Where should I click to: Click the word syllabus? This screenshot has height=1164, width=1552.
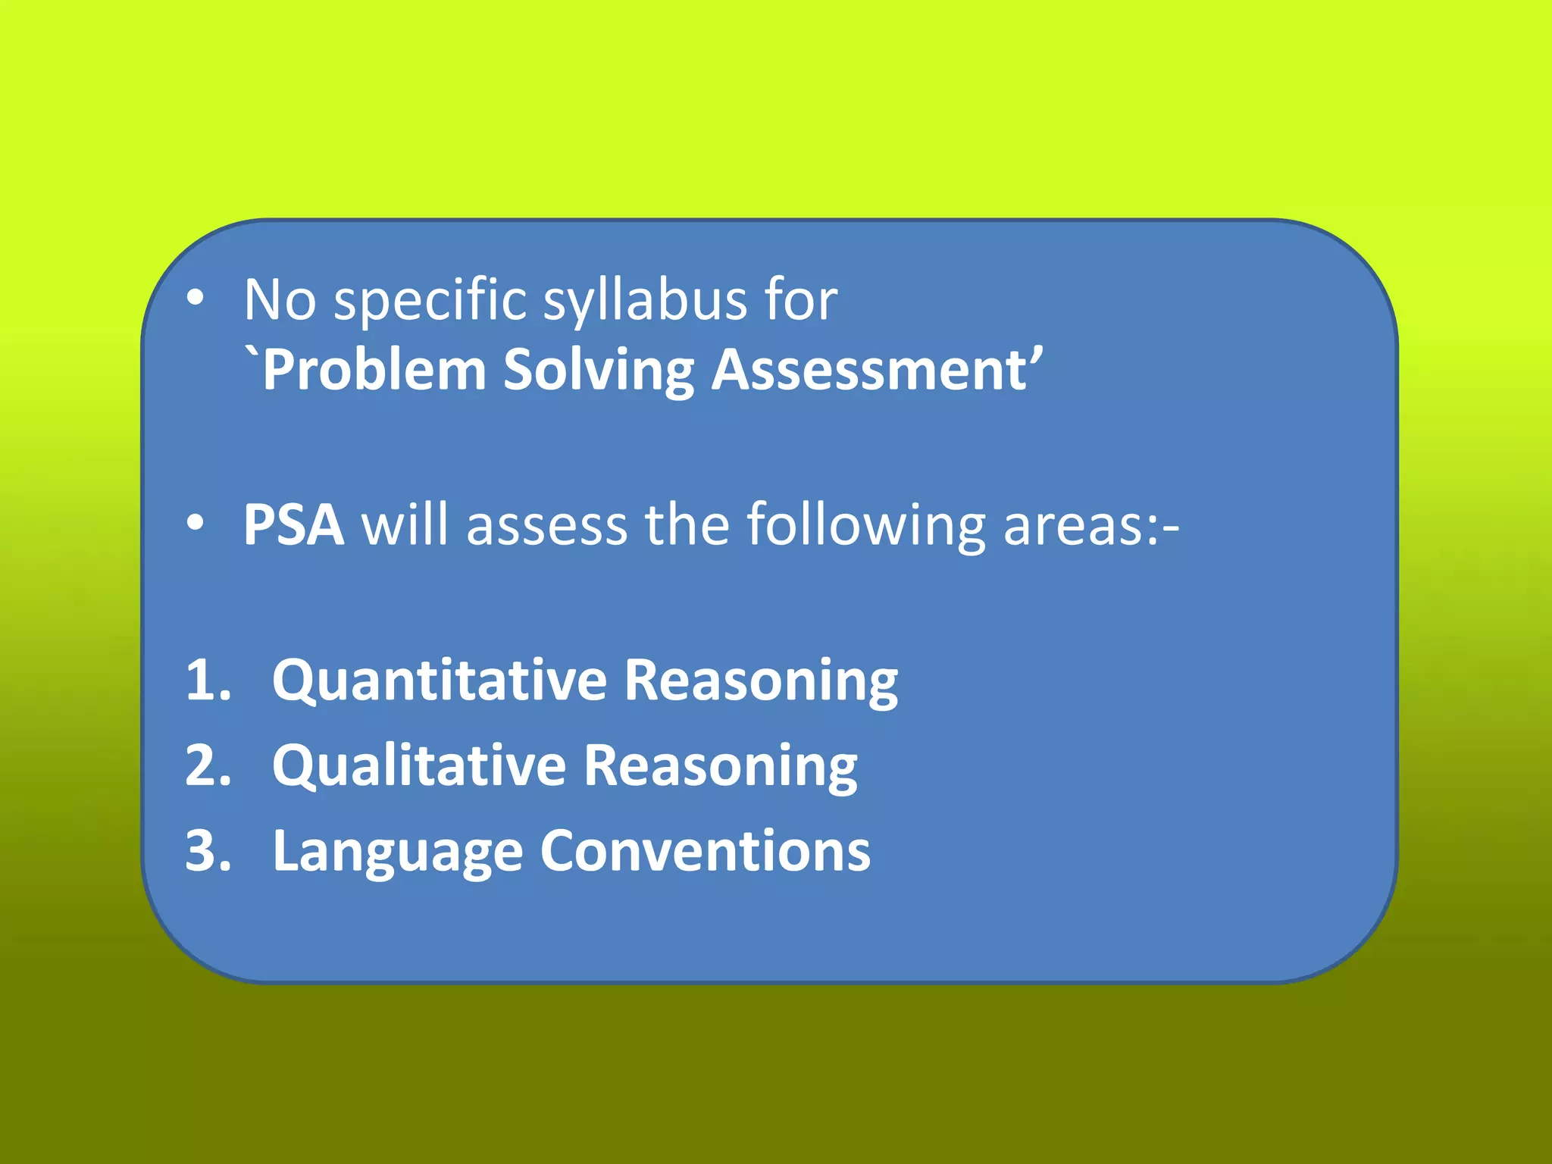pyautogui.click(x=646, y=301)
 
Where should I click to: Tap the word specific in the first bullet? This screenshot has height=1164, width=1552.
pyautogui.click(x=430, y=301)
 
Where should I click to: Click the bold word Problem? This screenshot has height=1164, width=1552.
pyautogui.click(x=373, y=371)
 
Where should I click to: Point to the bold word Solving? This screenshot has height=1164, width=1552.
pyautogui.click(x=599, y=371)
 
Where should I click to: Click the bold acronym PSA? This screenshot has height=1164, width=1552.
pyautogui.click(x=293, y=524)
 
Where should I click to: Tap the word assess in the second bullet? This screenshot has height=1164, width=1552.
pyautogui.click(x=546, y=524)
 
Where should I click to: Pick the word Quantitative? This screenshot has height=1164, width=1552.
pyautogui.click(x=440, y=680)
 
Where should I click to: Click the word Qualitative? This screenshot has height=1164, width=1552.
pyautogui.click(x=419, y=765)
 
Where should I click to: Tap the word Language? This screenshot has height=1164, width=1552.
pyautogui.click(x=397, y=851)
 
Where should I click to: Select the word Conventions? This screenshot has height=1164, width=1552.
pyautogui.click(x=705, y=851)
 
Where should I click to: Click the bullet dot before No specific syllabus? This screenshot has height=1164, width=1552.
pyautogui.click(x=196, y=299)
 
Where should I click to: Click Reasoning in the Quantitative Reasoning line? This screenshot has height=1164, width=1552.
pyautogui.click(x=760, y=680)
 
